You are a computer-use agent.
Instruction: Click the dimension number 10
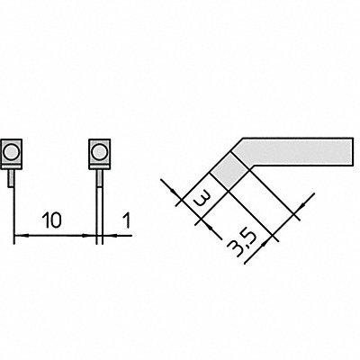click(x=51, y=220)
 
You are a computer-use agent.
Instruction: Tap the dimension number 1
click(x=127, y=220)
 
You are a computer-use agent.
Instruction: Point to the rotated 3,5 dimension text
click(x=242, y=243)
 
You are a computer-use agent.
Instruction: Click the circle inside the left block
click(x=12, y=151)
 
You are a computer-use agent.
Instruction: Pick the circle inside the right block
click(x=99, y=151)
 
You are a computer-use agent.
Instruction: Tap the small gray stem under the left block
click(x=11, y=178)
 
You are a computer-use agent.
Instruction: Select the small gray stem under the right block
click(x=99, y=178)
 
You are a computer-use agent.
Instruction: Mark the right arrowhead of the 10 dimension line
click(x=89, y=236)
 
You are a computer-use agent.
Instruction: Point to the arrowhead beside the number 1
click(x=109, y=236)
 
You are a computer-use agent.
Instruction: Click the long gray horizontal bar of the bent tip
click(x=297, y=151)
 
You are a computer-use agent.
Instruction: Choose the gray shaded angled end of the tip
click(x=229, y=170)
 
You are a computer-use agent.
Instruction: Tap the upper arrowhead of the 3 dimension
click(x=176, y=193)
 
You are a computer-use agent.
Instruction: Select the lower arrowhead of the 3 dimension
click(x=210, y=227)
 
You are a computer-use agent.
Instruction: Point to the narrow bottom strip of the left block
click(x=12, y=166)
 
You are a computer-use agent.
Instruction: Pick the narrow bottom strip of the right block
click(x=99, y=166)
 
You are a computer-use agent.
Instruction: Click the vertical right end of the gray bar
click(x=352, y=151)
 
